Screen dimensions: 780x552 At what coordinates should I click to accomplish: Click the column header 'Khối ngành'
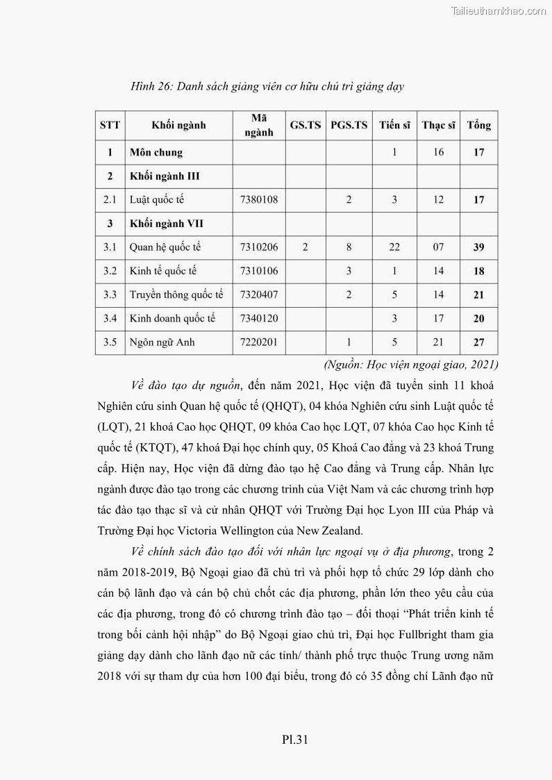(178, 126)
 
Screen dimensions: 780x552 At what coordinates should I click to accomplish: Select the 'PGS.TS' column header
(349, 126)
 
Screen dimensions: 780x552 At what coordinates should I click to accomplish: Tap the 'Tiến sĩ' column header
(394, 126)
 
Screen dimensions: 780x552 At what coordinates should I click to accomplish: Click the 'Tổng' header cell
(478, 126)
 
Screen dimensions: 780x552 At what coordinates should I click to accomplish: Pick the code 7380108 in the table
(258, 200)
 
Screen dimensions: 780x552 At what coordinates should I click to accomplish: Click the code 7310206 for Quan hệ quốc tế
(258, 247)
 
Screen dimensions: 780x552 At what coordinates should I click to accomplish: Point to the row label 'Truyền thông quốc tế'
(176, 295)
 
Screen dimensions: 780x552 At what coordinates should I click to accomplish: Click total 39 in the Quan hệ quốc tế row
(478, 247)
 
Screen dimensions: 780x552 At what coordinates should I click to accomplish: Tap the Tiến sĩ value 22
(394, 247)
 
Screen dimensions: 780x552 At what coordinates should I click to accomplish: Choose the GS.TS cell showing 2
(306, 247)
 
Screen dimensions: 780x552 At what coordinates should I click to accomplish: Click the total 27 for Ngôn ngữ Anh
(478, 342)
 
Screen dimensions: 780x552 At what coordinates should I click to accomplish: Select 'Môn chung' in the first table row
(156, 152)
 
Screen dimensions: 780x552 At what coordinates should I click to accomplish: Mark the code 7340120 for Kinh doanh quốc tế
(258, 319)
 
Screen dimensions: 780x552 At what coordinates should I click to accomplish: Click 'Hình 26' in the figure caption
(151, 87)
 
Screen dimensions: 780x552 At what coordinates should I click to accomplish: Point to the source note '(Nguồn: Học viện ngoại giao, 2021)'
(411, 364)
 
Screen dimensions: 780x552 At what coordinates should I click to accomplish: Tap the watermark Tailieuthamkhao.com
(499, 10)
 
